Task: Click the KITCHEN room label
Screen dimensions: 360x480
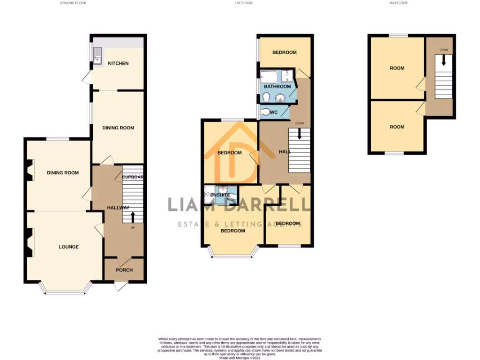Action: [x=118, y=63]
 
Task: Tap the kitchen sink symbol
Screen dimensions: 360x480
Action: [x=97, y=60]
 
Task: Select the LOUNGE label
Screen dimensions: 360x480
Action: [x=68, y=247]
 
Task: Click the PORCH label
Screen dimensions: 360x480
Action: [x=124, y=270]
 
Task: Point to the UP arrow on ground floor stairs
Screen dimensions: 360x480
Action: [x=132, y=217]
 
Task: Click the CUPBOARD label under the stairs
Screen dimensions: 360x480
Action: [x=133, y=177]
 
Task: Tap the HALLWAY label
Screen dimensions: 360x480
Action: [x=111, y=208]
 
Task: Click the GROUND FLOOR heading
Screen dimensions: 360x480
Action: [x=73, y=3]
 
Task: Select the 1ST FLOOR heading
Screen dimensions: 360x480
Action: [x=243, y=3]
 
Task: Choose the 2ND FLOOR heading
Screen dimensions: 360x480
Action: [x=398, y=3]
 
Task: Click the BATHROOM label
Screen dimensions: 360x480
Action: [x=277, y=87]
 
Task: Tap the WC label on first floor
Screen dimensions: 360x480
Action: [x=274, y=112]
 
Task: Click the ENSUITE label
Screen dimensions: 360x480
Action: [x=220, y=195]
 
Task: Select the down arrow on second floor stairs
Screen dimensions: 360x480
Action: [x=443, y=61]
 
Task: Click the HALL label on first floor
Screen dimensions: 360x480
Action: [x=285, y=152]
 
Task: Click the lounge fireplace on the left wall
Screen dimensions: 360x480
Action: [x=30, y=242]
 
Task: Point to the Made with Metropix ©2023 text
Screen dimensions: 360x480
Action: [x=240, y=358]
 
